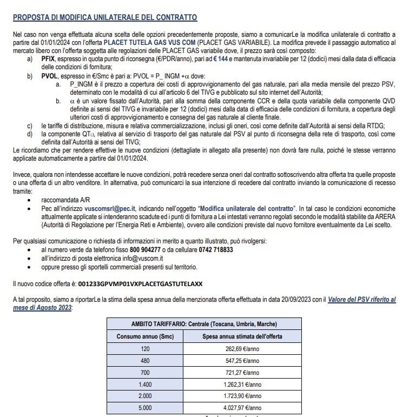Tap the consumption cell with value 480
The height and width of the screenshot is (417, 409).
pyautogui.click(x=145, y=360)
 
